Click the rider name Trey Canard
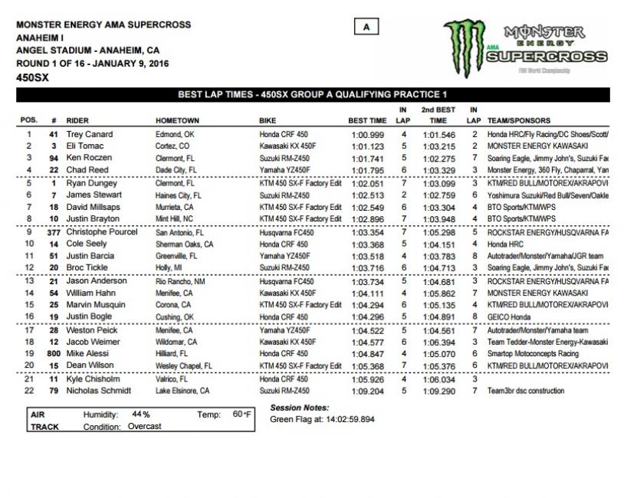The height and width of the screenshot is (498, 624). tap(90, 134)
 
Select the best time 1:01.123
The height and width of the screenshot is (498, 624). tap(367, 146)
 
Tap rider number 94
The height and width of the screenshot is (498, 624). tap(54, 158)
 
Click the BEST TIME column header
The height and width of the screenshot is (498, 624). tap(367, 121)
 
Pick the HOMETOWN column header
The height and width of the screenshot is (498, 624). tap(177, 121)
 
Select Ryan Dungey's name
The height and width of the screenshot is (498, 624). tap(90, 184)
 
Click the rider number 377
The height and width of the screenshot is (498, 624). tap(54, 231)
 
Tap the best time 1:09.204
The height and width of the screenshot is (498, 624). tap(367, 391)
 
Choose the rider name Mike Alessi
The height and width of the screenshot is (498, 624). tap(87, 355)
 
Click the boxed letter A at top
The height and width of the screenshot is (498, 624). tap(367, 28)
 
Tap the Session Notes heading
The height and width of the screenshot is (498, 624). tap(299, 408)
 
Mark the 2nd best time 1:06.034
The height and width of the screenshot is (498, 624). tap(438, 378)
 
